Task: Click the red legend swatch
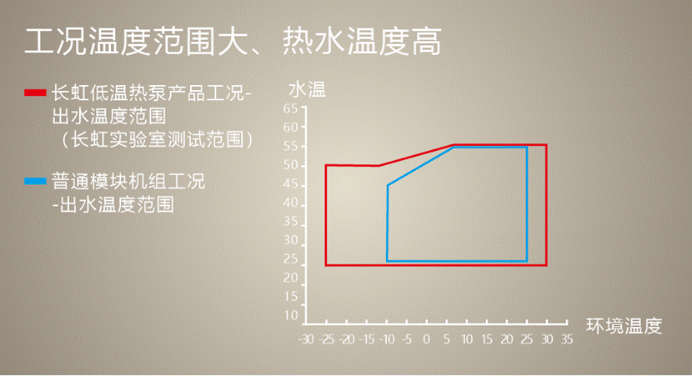[x=35, y=93]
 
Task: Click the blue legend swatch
[x=35, y=181]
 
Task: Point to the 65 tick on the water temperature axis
[x=290, y=108]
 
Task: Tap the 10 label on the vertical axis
[x=291, y=315]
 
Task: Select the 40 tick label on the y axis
[x=290, y=203]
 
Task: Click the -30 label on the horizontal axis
[x=305, y=339]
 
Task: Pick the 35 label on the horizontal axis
[x=567, y=339]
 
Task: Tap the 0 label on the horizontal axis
[x=426, y=339]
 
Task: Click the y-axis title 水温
[x=307, y=89]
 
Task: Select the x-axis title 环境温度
[x=624, y=326]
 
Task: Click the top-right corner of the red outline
[x=546, y=145]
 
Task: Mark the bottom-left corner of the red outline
[x=326, y=265]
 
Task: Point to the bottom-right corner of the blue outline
[x=526, y=261]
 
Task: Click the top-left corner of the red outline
[x=326, y=166]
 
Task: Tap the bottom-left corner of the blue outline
[x=387, y=261]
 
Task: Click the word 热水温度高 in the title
[x=362, y=42]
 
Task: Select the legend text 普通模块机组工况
[x=128, y=181]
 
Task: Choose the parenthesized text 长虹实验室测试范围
[x=158, y=140]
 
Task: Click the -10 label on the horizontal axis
[x=386, y=339]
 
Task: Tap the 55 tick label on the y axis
[x=290, y=146]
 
